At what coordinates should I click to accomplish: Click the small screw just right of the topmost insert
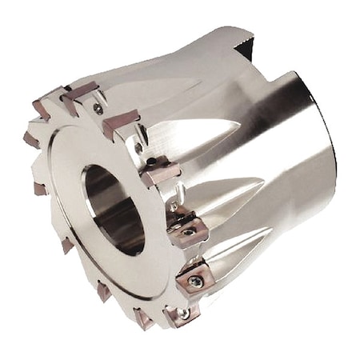[x=98, y=108]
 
